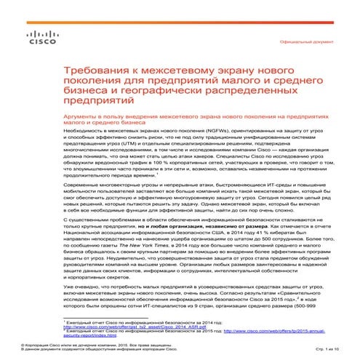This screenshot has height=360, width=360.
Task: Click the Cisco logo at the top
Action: point(37,38)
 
